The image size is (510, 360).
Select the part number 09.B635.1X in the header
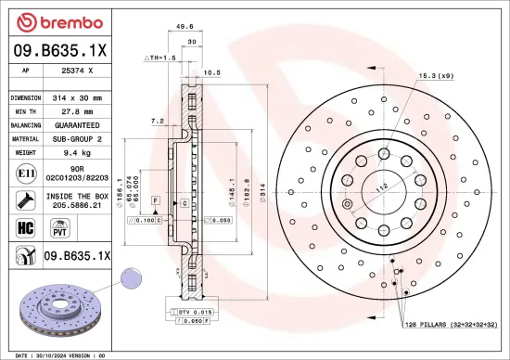tap(57, 50)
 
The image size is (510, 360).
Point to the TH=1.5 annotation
tap(161, 58)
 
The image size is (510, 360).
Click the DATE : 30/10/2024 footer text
tap(46, 354)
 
